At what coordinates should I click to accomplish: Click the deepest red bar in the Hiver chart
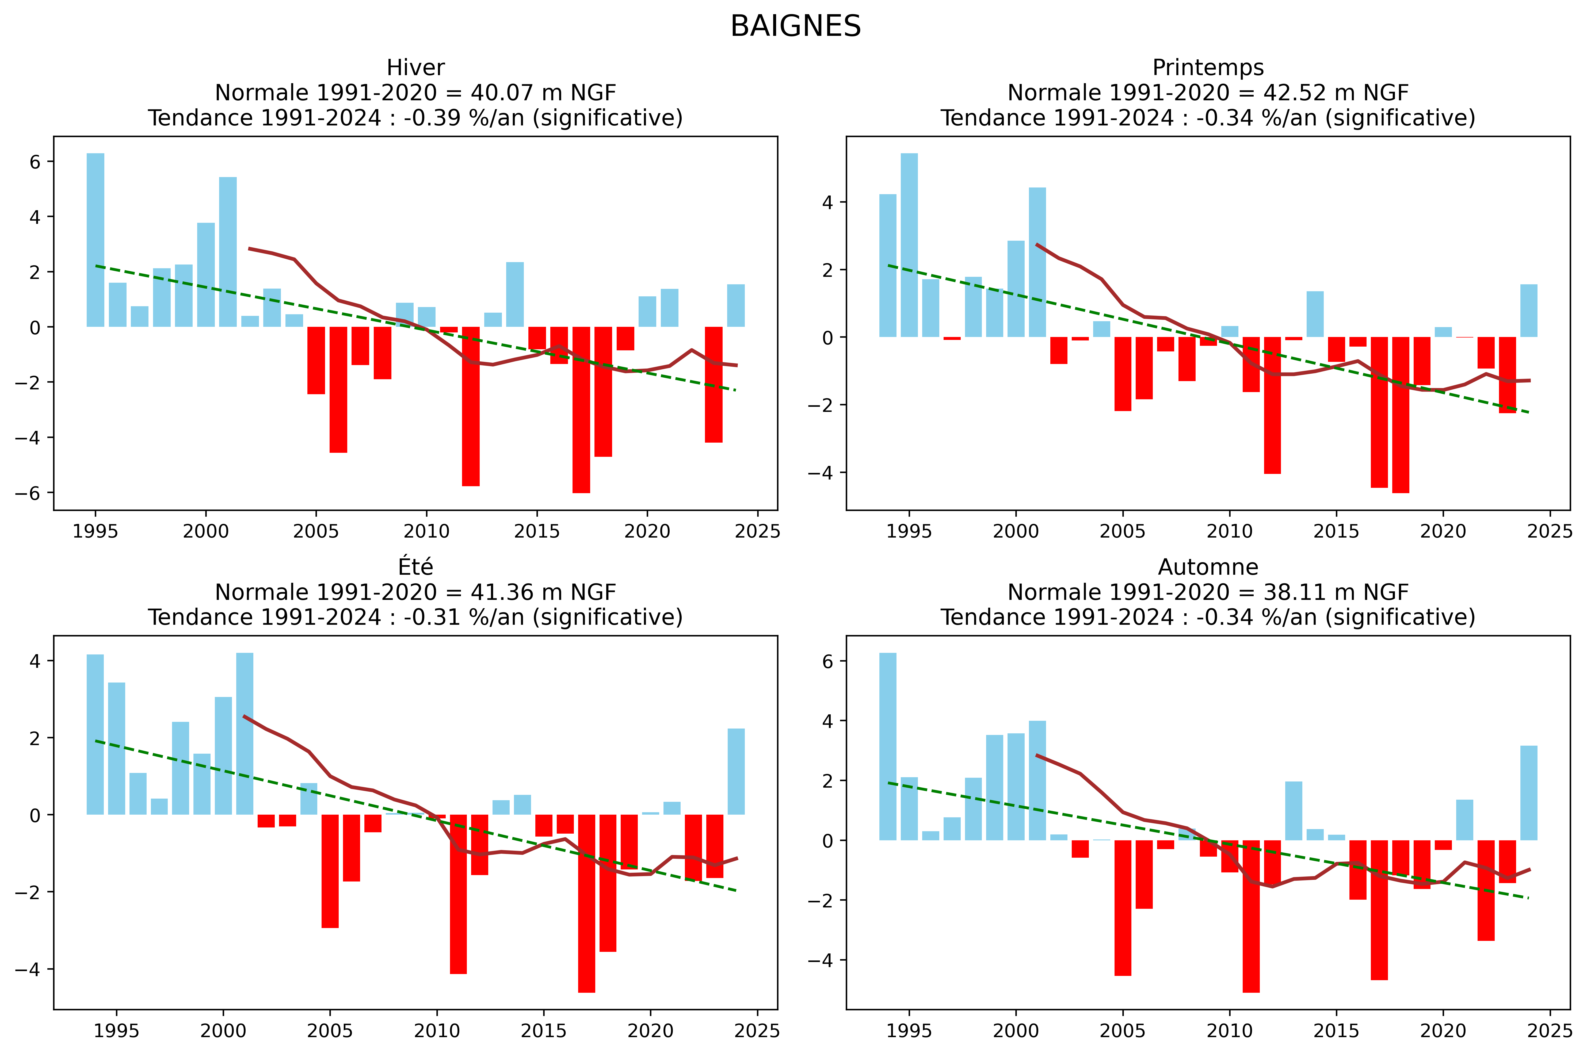[x=581, y=410]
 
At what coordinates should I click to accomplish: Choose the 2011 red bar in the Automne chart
[x=1251, y=915]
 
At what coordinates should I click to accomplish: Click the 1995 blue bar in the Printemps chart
[x=909, y=245]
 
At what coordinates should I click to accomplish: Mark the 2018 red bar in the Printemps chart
[x=1401, y=415]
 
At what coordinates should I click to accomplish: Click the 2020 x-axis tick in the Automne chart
[x=1443, y=1030]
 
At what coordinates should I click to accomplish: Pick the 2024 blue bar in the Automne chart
[x=1528, y=793]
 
